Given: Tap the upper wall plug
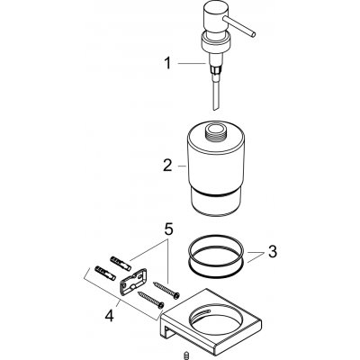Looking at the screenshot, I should click(120, 256).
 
